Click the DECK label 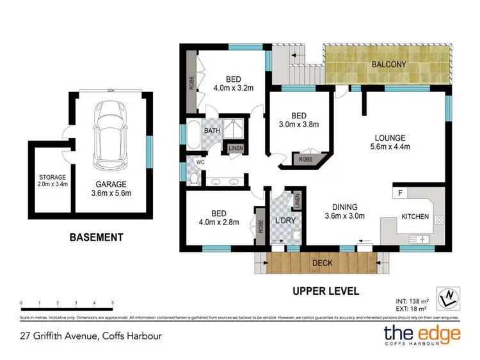[321, 262]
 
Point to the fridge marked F [401, 192]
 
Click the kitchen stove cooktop [439, 219]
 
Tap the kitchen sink [420, 239]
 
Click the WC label [200, 162]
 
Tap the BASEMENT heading [96, 237]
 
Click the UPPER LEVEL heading [326, 291]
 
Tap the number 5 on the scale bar [113, 302]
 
